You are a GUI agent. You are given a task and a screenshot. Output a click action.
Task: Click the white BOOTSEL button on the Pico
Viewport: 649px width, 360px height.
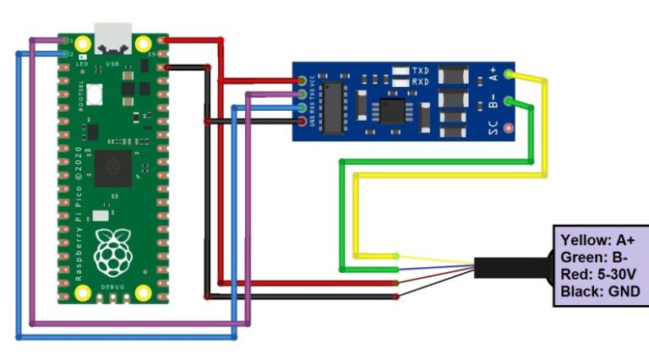click(x=94, y=92)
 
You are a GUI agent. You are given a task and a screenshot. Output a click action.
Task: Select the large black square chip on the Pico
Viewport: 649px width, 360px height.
click(x=113, y=167)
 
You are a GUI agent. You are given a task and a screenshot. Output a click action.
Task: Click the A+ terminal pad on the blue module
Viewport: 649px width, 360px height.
click(x=507, y=75)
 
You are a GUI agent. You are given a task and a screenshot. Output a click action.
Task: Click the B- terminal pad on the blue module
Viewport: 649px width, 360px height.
click(x=507, y=102)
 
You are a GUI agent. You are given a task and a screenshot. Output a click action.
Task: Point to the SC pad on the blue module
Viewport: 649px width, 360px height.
click(x=507, y=129)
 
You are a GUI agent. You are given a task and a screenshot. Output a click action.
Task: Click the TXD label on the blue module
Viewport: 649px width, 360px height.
click(x=420, y=69)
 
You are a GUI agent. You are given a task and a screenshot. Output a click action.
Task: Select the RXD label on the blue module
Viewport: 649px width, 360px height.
click(x=420, y=82)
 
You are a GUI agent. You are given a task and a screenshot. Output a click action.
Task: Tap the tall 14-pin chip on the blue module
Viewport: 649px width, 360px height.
click(x=334, y=106)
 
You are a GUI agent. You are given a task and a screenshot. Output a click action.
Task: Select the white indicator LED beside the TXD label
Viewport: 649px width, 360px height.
click(x=397, y=69)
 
